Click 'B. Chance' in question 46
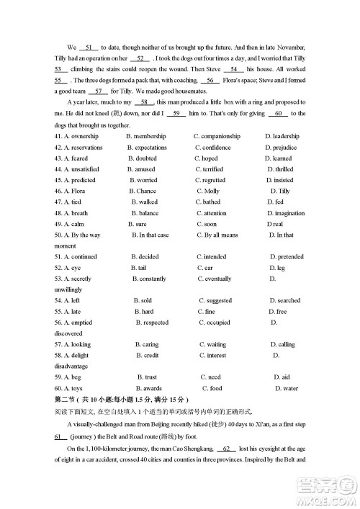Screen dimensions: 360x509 [x=143, y=191]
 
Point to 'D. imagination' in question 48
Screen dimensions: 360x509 [x=285, y=213]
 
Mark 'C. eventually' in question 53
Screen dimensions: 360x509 [x=215, y=279]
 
